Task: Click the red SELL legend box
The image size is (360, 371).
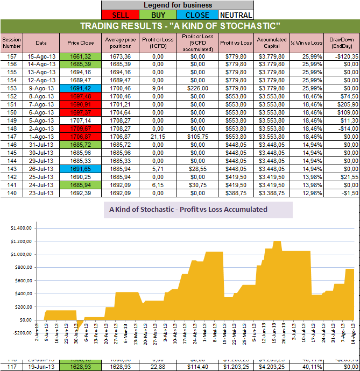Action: pyautogui.click(x=119, y=16)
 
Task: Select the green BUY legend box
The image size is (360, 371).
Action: pyautogui.click(x=158, y=16)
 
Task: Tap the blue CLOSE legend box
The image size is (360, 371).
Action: pyautogui.click(x=197, y=16)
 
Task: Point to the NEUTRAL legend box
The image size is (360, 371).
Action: pyautogui.click(x=236, y=16)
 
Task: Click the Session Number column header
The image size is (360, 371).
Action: pyautogui.click(x=11, y=42)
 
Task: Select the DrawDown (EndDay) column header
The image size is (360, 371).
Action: pyautogui.click(x=341, y=42)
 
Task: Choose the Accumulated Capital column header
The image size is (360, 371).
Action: pyautogui.click(x=272, y=42)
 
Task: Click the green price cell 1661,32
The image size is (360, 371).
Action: pyautogui.click(x=80, y=56)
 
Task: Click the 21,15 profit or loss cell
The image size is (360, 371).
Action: pyautogui.click(x=158, y=137)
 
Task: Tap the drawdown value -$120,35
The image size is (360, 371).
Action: pyautogui.click(x=341, y=56)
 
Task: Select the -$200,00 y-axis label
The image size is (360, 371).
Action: pyautogui.click(x=20, y=333)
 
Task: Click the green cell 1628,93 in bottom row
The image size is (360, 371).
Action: pyautogui.click(x=80, y=367)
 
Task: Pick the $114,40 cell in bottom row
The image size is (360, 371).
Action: pyautogui.click(x=197, y=367)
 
